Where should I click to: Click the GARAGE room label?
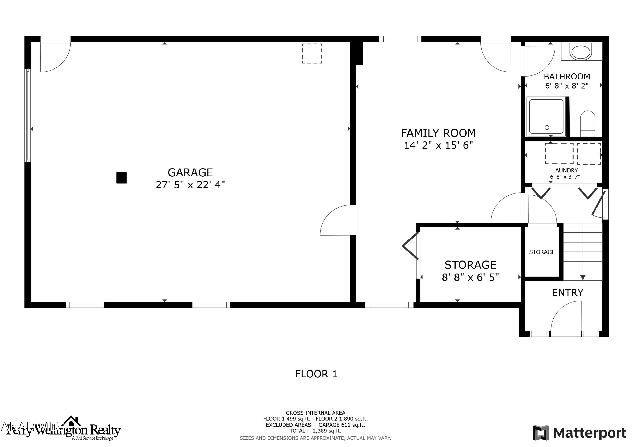[x=190, y=173]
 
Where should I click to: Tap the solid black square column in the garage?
[x=121, y=178]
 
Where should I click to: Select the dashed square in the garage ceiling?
[x=312, y=54]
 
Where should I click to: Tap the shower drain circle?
[x=547, y=128]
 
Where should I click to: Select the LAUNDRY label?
[x=565, y=170]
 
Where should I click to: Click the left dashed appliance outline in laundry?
[x=559, y=153]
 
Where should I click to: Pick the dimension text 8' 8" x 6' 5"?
[x=470, y=277]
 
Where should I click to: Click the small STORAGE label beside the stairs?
[x=542, y=252]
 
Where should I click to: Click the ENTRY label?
[x=567, y=293]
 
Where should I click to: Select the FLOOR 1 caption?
[x=316, y=374]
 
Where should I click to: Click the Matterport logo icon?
[x=540, y=433]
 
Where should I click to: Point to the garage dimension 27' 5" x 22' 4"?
[x=190, y=185]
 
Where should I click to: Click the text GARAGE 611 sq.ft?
[x=342, y=425]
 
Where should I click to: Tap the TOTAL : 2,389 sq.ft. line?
[x=315, y=431]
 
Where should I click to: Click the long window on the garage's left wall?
[x=28, y=116]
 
